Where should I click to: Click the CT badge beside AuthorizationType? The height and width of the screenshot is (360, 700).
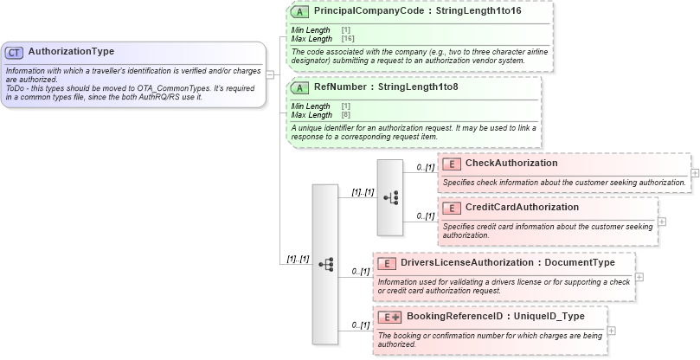[15, 52]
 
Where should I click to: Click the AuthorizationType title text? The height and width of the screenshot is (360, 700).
[71, 52]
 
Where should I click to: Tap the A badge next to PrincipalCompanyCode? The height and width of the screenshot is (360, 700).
[299, 12]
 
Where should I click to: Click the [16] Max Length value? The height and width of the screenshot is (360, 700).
[348, 39]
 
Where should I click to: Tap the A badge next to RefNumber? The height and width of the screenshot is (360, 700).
[299, 87]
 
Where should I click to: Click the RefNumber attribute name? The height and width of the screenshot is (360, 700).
[338, 87]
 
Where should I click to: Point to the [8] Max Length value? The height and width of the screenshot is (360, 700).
[345, 114]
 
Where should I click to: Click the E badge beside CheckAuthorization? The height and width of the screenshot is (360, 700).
[451, 164]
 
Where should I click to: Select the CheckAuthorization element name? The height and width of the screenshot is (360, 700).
[511, 164]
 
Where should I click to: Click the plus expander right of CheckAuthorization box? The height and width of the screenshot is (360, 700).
[695, 173]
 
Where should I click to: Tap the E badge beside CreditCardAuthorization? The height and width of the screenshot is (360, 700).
[451, 208]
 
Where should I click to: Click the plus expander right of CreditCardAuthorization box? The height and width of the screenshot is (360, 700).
[662, 221]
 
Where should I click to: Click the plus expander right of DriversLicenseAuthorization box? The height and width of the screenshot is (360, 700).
[639, 277]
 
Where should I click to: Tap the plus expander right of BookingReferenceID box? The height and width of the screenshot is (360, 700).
[612, 330]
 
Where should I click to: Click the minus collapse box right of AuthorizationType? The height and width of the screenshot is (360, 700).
[271, 74]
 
